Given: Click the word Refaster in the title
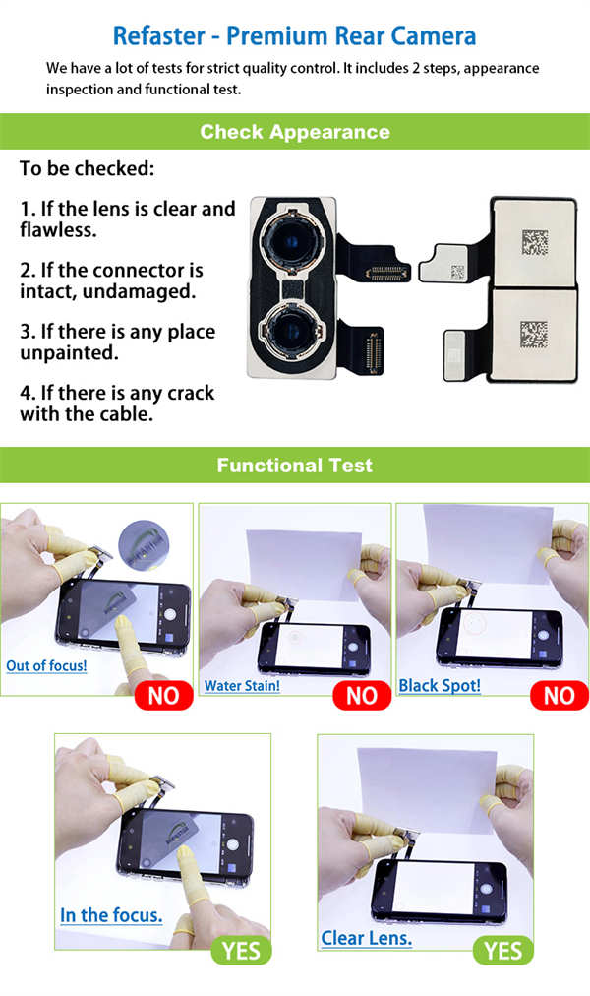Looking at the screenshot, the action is tap(158, 36).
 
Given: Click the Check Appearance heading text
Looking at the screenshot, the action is tap(295, 132).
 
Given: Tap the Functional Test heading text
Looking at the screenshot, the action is tap(295, 465).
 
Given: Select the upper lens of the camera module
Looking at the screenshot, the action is tap(292, 241).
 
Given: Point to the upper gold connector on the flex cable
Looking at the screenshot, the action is tap(385, 274).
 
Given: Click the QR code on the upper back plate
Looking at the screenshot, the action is tap(535, 242).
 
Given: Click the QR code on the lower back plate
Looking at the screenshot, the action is tap(534, 334).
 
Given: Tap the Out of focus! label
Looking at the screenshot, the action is tap(46, 665).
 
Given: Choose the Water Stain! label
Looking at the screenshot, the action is tap(242, 686).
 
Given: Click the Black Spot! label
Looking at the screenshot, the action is tap(440, 686).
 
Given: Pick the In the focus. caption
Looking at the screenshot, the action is tap(111, 915).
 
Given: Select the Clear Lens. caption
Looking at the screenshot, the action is tap(366, 938).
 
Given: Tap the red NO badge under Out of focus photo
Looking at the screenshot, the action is tap(163, 696).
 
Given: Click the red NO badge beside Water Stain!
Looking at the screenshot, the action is tap(362, 696).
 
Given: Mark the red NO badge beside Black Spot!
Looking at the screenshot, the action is tap(560, 696).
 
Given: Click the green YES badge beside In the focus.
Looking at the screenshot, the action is tap(241, 951).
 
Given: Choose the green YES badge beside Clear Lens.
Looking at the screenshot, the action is tap(503, 951).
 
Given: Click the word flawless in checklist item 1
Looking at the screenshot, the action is tap(58, 230).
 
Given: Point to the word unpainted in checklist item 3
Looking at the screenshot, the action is tap(69, 353).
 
